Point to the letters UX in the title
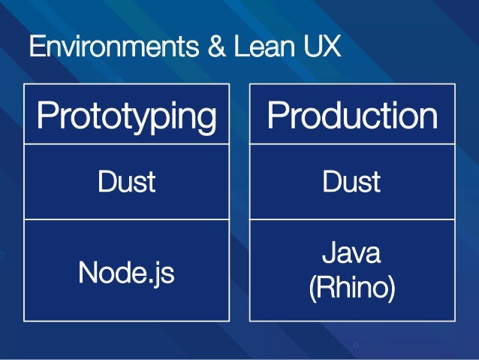tap(320, 47)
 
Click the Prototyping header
tap(127, 117)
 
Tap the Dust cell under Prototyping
tap(126, 182)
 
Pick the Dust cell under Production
tap(352, 182)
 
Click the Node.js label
tap(126, 273)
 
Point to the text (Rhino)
tap(351, 289)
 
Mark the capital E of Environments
tap(35, 47)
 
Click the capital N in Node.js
tap(88, 273)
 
